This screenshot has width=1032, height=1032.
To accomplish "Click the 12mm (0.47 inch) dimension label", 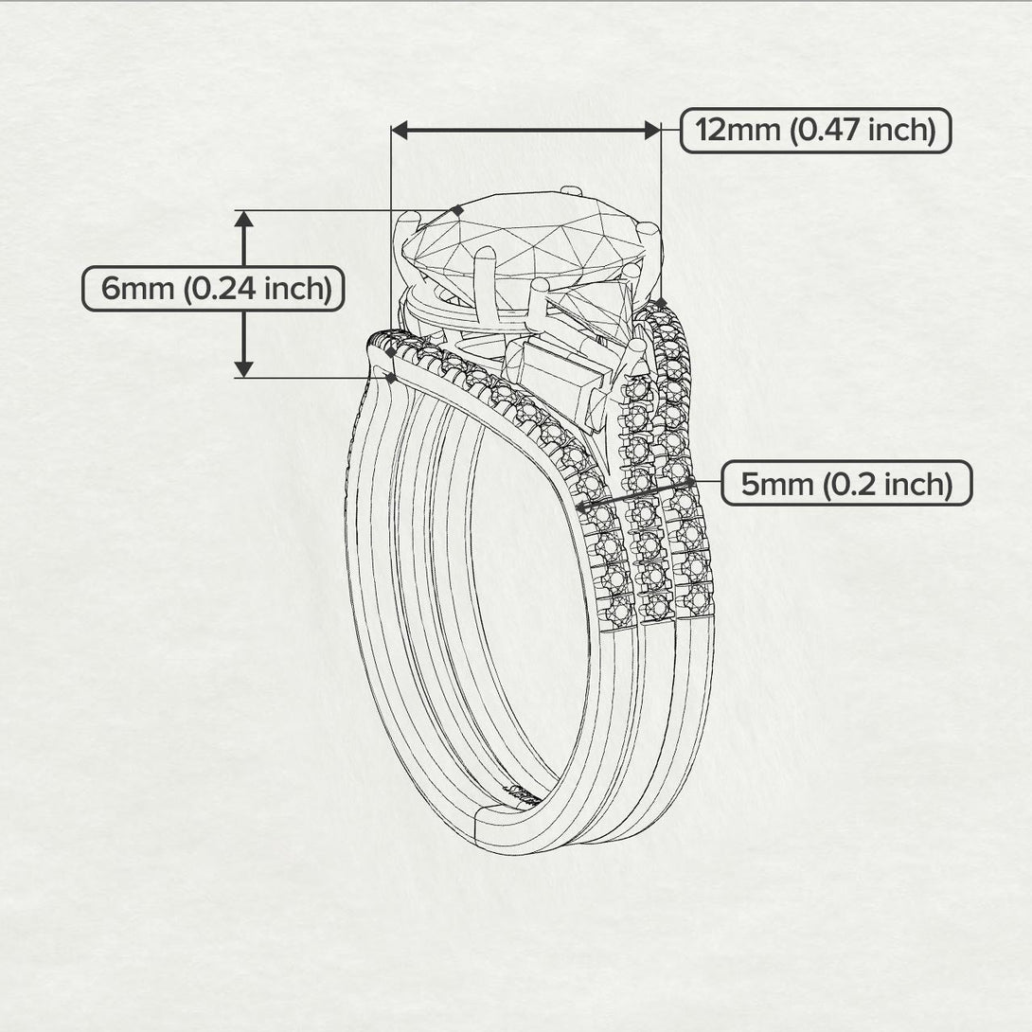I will click(x=815, y=130).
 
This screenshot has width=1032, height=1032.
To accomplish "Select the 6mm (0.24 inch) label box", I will click(x=212, y=288).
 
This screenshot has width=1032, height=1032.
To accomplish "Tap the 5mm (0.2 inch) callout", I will click(x=845, y=484).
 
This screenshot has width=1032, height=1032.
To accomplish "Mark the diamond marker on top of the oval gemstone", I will click(x=458, y=210).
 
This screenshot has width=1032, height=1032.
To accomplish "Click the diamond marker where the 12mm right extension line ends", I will click(x=660, y=303).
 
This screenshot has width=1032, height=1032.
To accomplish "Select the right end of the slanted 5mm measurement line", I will click(x=690, y=482).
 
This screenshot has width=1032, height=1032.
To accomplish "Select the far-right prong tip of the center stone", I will click(x=648, y=228).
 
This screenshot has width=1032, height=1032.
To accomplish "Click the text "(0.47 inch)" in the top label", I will click(x=863, y=130).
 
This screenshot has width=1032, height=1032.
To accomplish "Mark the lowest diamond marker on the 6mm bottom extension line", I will click(x=390, y=378).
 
